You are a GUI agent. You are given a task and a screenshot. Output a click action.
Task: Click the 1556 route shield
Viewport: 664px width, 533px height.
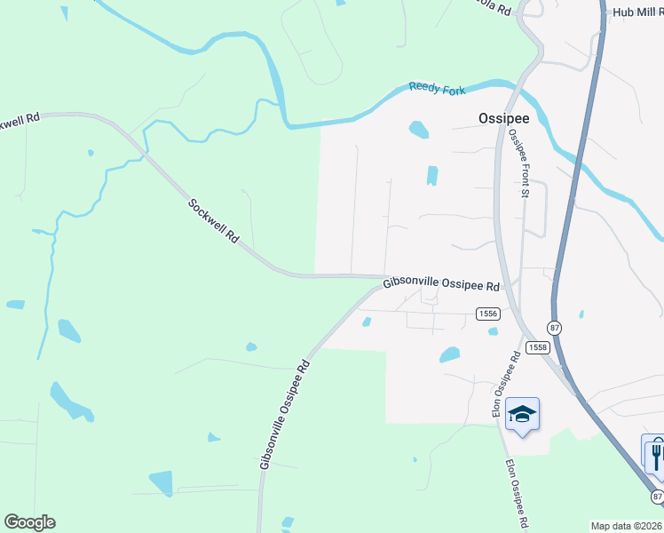(487, 314)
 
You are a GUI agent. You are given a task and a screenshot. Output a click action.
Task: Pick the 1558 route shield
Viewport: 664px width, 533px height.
(536, 346)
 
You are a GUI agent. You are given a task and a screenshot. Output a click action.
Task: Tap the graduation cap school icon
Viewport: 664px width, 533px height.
(522, 414)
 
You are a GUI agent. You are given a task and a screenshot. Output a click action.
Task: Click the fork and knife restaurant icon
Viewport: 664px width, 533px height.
(655, 455)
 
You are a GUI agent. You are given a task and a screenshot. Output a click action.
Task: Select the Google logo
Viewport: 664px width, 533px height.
(29, 522)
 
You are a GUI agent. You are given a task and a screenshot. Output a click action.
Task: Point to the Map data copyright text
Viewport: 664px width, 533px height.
(627, 526)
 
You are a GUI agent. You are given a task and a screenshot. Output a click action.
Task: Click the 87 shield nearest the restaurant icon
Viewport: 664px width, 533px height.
(656, 495)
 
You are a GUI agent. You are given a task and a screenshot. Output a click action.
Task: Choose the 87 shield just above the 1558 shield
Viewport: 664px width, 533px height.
(554, 327)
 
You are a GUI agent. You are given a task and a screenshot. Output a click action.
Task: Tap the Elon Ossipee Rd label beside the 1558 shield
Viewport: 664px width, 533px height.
(506, 385)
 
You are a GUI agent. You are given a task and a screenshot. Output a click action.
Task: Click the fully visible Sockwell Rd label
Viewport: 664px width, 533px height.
(215, 222)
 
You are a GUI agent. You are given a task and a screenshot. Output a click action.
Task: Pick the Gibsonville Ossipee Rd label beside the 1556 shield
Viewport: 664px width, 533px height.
(442, 284)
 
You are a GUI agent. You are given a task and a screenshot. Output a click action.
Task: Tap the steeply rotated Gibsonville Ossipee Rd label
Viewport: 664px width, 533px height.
(284, 414)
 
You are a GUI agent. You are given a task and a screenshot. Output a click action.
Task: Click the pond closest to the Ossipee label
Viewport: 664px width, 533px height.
(418, 130)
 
